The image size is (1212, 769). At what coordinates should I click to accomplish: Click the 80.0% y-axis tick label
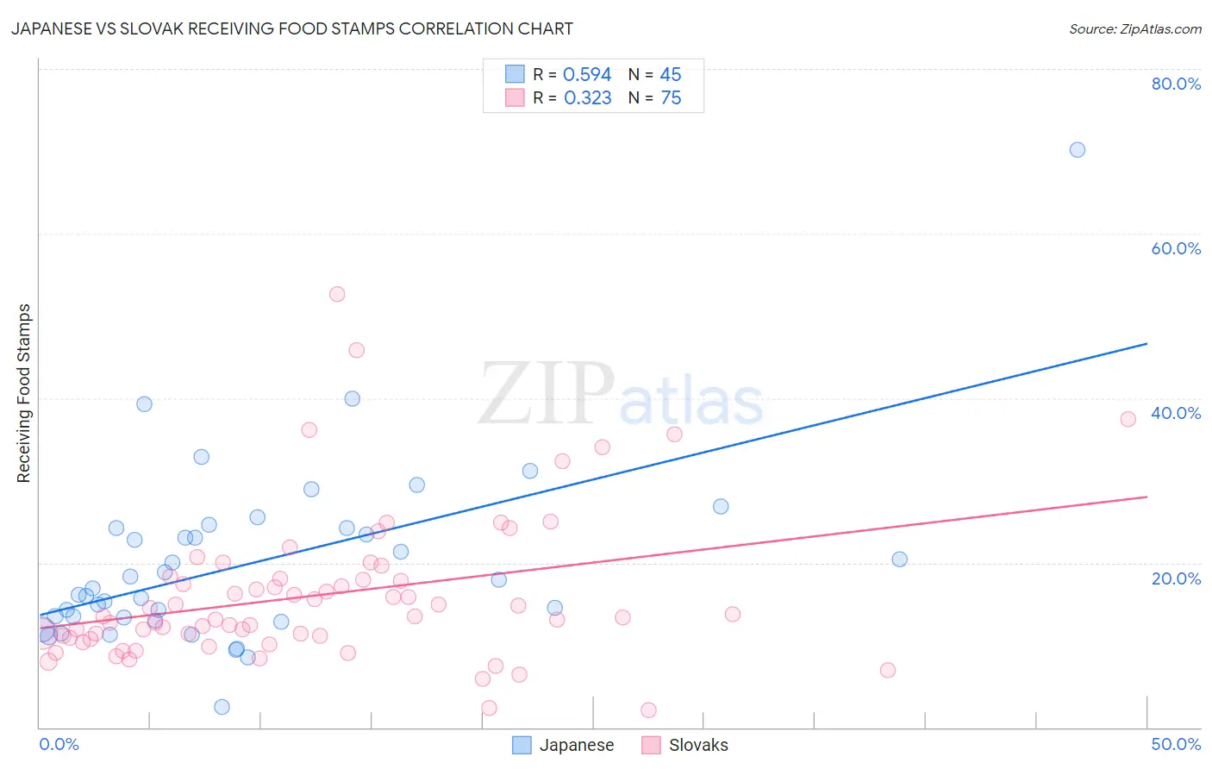pyautogui.click(x=1175, y=84)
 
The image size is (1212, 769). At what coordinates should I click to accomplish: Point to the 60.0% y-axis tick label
pyautogui.click(x=1175, y=248)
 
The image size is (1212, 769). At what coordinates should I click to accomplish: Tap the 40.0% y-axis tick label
pyautogui.click(x=1175, y=413)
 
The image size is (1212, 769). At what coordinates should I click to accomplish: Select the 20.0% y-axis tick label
pyautogui.click(x=1175, y=578)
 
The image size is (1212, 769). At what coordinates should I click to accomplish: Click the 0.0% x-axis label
pyautogui.click(x=59, y=744)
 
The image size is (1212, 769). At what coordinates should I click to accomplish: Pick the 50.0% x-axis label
pyautogui.click(x=1175, y=744)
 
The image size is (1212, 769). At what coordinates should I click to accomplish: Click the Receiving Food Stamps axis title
pyautogui.click(x=24, y=393)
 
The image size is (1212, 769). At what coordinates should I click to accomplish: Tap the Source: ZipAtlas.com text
pyautogui.click(x=1134, y=28)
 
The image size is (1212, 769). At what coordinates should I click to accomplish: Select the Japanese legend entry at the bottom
pyautogui.click(x=563, y=745)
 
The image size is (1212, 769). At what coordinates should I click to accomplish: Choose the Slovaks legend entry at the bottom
pyautogui.click(x=685, y=745)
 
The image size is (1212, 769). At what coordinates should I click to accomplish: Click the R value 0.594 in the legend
pyautogui.click(x=587, y=75)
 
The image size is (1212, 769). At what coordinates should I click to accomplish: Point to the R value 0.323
pyautogui.click(x=587, y=98)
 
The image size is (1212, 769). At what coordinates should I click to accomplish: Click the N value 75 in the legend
pyautogui.click(x=671, y=98)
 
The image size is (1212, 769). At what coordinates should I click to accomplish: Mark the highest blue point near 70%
pyautogui.click(x=1077, y=150)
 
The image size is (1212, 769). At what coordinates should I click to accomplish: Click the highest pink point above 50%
pyautogui.click(x=337, y=294)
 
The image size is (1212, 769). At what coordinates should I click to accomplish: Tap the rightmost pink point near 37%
pyautogui.click(x=1128, y=419)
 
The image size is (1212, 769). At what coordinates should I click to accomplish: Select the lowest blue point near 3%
pyautogui.click(x=222, y=707)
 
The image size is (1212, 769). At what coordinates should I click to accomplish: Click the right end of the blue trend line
pyautogui.click(x=1146, y=344)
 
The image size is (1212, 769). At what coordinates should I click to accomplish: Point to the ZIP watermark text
pyautogui.click(x=547, y=394)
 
